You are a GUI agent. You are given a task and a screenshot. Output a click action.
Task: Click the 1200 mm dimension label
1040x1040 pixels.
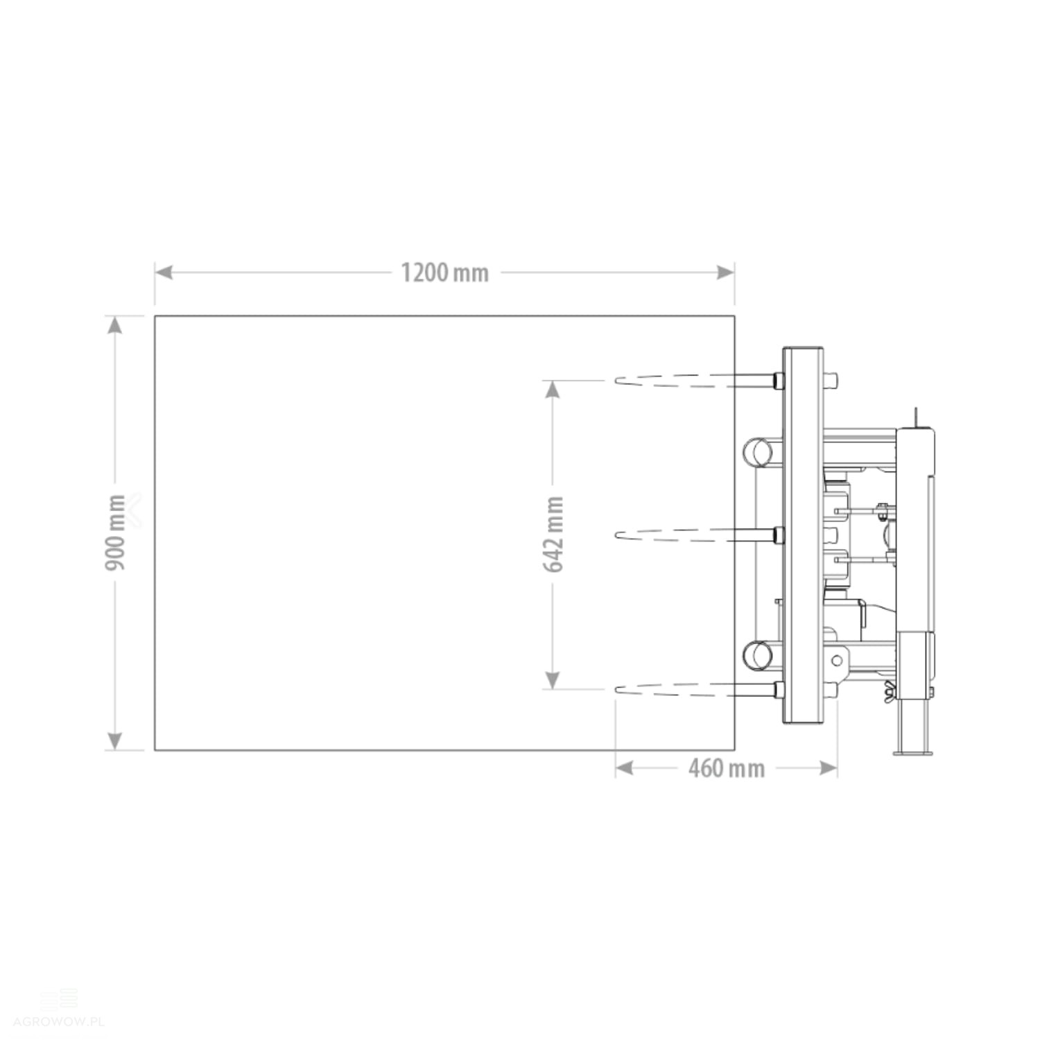tap(444, 272)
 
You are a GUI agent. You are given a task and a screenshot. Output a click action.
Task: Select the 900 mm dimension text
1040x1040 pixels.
tap(115, 532)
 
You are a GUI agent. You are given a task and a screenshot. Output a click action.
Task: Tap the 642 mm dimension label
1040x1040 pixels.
tap(553, 534)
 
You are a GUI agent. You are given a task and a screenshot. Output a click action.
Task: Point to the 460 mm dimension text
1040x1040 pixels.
tap(726, 768)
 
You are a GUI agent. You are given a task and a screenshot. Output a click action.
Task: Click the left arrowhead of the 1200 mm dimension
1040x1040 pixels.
tap(163, 272)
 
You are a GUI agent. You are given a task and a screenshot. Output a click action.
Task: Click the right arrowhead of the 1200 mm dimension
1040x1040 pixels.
tap(726, 272)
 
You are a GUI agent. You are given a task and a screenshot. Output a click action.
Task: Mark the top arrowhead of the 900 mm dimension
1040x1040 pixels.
tap(115, 324)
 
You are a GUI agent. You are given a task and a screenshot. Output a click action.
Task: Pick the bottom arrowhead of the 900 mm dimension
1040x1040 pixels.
tap(115, 741)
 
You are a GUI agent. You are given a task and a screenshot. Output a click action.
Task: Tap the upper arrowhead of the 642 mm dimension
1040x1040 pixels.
tap(553, 389)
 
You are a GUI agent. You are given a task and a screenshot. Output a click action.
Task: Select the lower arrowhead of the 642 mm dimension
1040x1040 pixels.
tap(553, 680)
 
